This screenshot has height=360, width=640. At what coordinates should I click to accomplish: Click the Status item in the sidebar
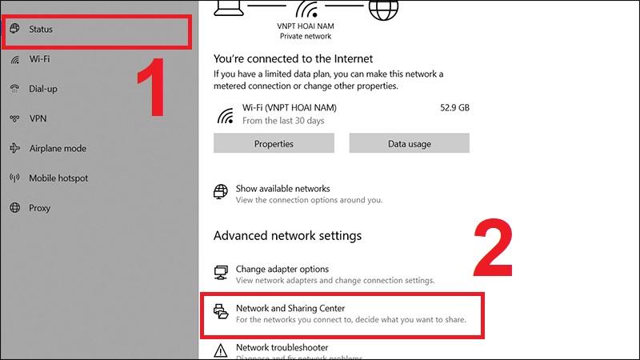point(42,30)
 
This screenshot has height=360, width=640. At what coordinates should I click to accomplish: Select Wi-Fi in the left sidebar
point(40,59)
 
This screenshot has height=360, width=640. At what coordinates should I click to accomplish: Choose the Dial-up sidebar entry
point(43,89)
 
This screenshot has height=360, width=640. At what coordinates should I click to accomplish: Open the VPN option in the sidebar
point(38,118)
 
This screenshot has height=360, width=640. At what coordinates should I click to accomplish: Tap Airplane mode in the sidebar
point(58,148)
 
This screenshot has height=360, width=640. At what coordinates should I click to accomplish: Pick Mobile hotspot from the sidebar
point(58,178)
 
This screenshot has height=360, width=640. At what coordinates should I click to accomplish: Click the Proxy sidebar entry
point(40,208)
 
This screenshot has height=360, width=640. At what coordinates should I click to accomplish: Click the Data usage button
point(409,144)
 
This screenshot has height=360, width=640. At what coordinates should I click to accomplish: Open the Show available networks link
point(282,189)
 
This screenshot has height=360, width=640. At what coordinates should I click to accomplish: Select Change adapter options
point(282,270)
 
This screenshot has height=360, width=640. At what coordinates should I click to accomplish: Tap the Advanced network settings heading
point(287,236)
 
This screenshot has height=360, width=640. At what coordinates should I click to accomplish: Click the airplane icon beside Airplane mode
point(14,148)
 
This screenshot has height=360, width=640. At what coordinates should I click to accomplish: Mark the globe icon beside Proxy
point(14,208)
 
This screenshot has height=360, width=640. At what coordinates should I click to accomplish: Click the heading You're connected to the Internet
point(293,58)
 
